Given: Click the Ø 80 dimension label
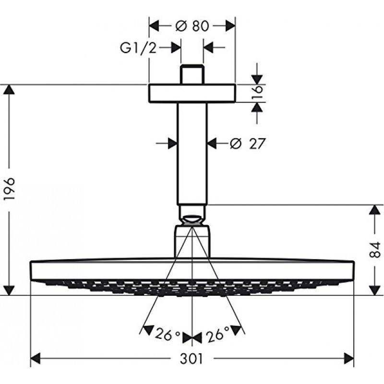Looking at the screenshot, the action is point(192,26).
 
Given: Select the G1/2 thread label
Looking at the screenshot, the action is point(138,48).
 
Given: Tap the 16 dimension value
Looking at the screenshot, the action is point(257,92).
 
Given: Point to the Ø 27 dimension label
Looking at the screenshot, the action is point(248,144).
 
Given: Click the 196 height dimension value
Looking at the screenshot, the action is point(10,189).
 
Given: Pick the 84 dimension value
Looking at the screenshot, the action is point(375,250).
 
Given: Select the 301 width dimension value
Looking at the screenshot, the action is point(192,359).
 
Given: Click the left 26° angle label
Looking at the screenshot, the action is point(168,335).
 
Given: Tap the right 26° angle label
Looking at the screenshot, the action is point(218,334).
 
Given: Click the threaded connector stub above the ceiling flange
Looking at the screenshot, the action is point(192,74).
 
